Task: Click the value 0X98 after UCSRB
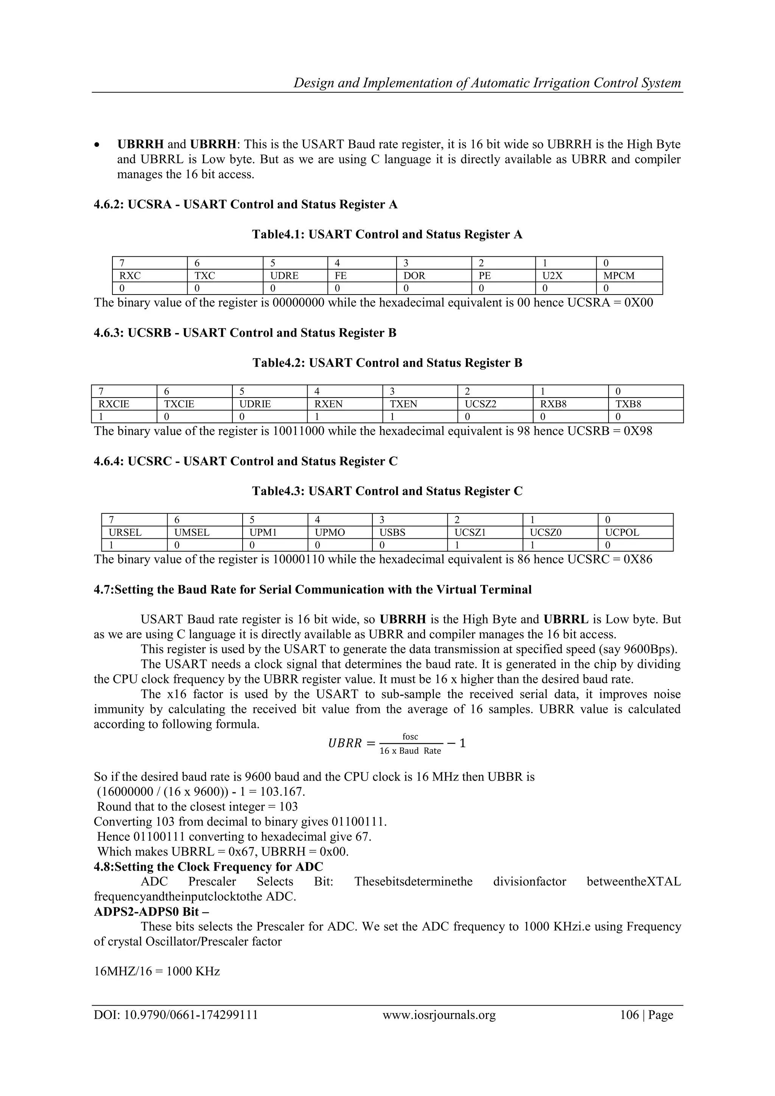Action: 638,432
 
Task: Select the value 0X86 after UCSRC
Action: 638,560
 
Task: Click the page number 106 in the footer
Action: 629,1015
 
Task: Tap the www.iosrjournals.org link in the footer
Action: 439,1015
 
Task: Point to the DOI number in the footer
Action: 191,1015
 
